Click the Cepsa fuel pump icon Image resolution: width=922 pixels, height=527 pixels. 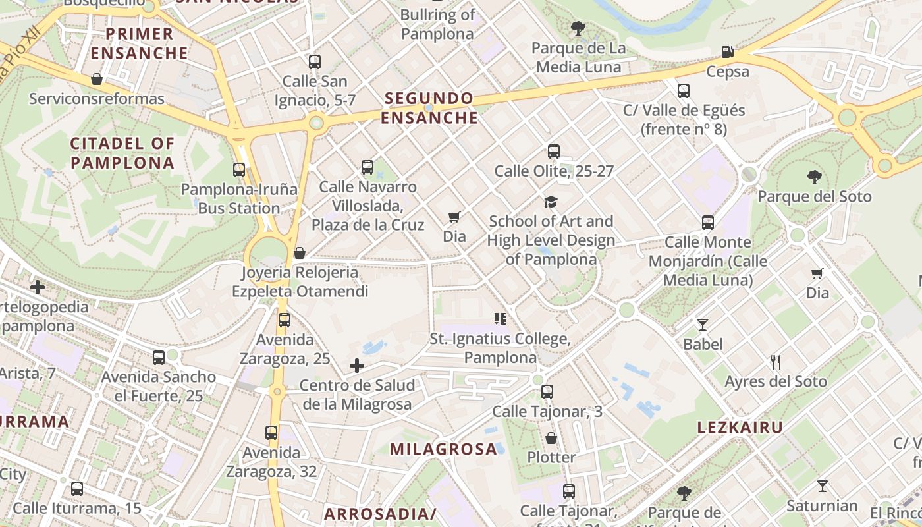727,51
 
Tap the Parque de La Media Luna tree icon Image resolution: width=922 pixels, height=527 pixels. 578,28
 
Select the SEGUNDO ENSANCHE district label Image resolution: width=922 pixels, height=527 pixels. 429,108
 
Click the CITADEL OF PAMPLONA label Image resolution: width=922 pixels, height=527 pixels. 122,153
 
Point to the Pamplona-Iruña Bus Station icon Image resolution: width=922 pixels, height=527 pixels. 239,170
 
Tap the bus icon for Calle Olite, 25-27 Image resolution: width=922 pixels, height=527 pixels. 553,152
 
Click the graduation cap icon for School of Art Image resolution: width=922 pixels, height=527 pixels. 551,202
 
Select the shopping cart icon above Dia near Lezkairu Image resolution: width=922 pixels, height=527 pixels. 817,273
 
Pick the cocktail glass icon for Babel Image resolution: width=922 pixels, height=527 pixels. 703,324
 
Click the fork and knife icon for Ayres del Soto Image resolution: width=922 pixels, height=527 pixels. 776,362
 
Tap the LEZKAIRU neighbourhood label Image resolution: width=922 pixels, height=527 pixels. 740,428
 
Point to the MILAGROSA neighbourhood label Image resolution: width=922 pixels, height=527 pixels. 443,449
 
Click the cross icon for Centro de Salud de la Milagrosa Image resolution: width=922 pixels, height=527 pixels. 357,366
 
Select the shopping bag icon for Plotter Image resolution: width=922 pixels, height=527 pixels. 551,437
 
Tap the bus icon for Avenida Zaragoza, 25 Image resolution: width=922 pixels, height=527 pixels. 285,320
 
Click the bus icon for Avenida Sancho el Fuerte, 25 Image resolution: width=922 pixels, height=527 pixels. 159,358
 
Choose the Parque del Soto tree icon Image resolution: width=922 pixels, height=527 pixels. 814,177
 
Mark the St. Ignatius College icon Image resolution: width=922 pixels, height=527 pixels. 501,319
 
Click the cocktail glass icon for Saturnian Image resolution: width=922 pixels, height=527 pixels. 822,486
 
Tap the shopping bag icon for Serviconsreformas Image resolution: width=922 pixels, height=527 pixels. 97,79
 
